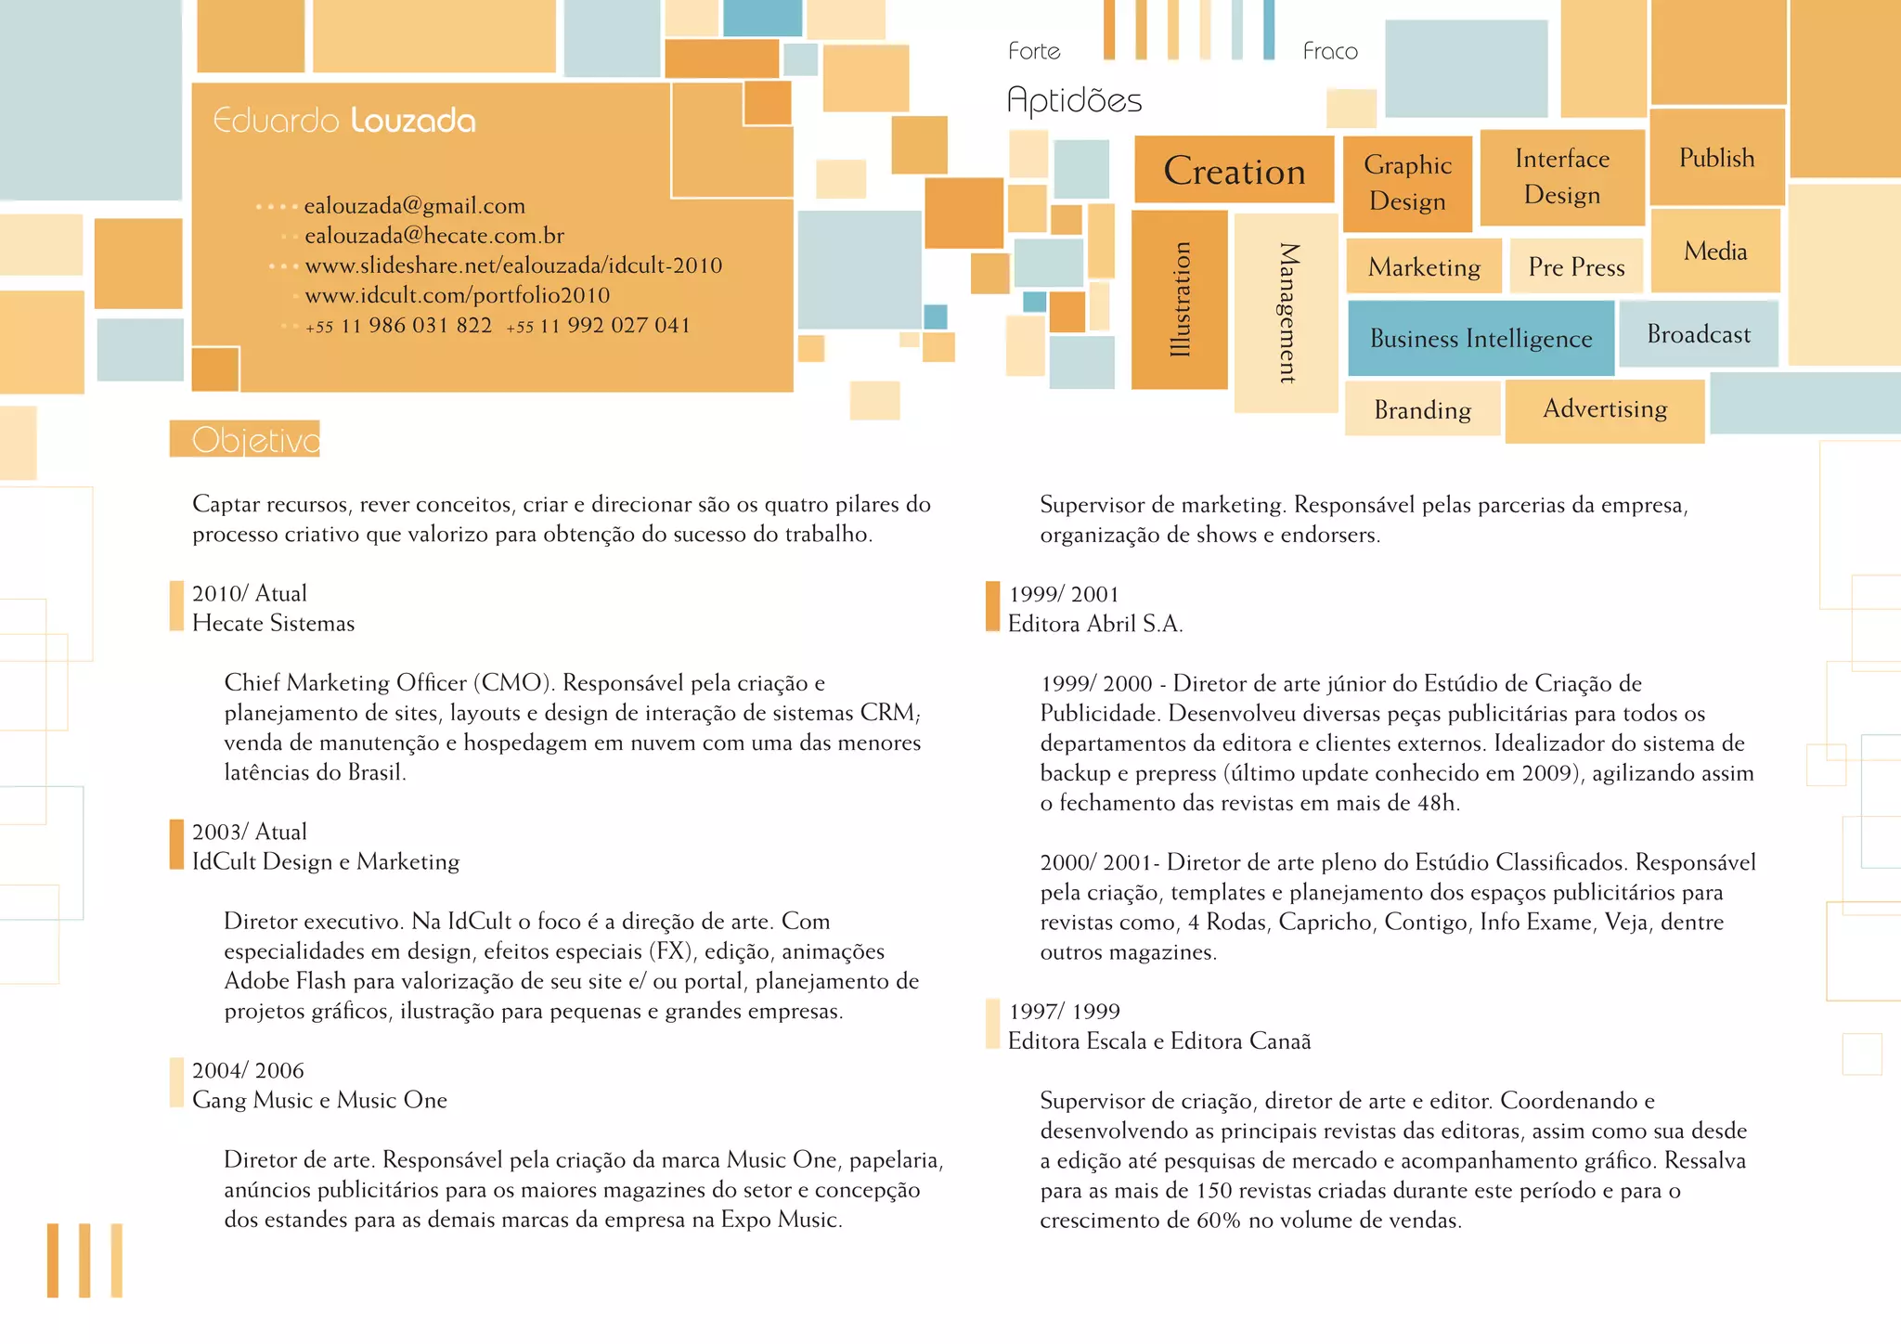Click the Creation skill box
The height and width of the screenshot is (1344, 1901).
pyautogui.click(x=1234, y=170)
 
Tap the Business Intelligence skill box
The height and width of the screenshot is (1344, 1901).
pyautogui.click(x=1481, y=338)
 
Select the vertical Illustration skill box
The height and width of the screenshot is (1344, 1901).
pyautogui.click(x=1179, y=299)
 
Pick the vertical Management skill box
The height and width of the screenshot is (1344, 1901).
pyautogui.click(x=1286, y=313)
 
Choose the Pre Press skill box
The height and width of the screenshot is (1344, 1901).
pyautogui.click(x=1576, y=267)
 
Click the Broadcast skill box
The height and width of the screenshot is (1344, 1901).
pyautogui.click(x=1698, y=334)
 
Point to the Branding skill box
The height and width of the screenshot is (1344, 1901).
pyautogui.click(x=1422, y=409)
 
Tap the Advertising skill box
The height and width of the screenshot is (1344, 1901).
pyautogui.click(x=1604, y=409)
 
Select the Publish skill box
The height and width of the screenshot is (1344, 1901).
pyautogui.click(x=1716, y=158)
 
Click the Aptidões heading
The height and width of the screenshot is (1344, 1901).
pyautogui.click(x=1074, y=100)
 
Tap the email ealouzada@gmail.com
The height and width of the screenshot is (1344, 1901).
pyautogui.click(x=414, y=205)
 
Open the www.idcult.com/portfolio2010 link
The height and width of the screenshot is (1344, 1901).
pyautogui.click(x=457, y=295)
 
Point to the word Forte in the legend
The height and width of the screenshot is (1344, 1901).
pyautogui.click(x=1034, y=51)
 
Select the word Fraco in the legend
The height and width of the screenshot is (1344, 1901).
pyautogui.click(x=1329, y=51)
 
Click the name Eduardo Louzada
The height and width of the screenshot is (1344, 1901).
pyautogui.click(x=344, y=121)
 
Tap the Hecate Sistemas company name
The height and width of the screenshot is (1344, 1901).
pyautogui.click(x=273, y=623)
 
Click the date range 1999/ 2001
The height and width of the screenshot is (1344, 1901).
pyautogui.click(x=1064, y=594)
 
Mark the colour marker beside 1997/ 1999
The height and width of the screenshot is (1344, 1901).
pyautogui.click(x=992, y=1025)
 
